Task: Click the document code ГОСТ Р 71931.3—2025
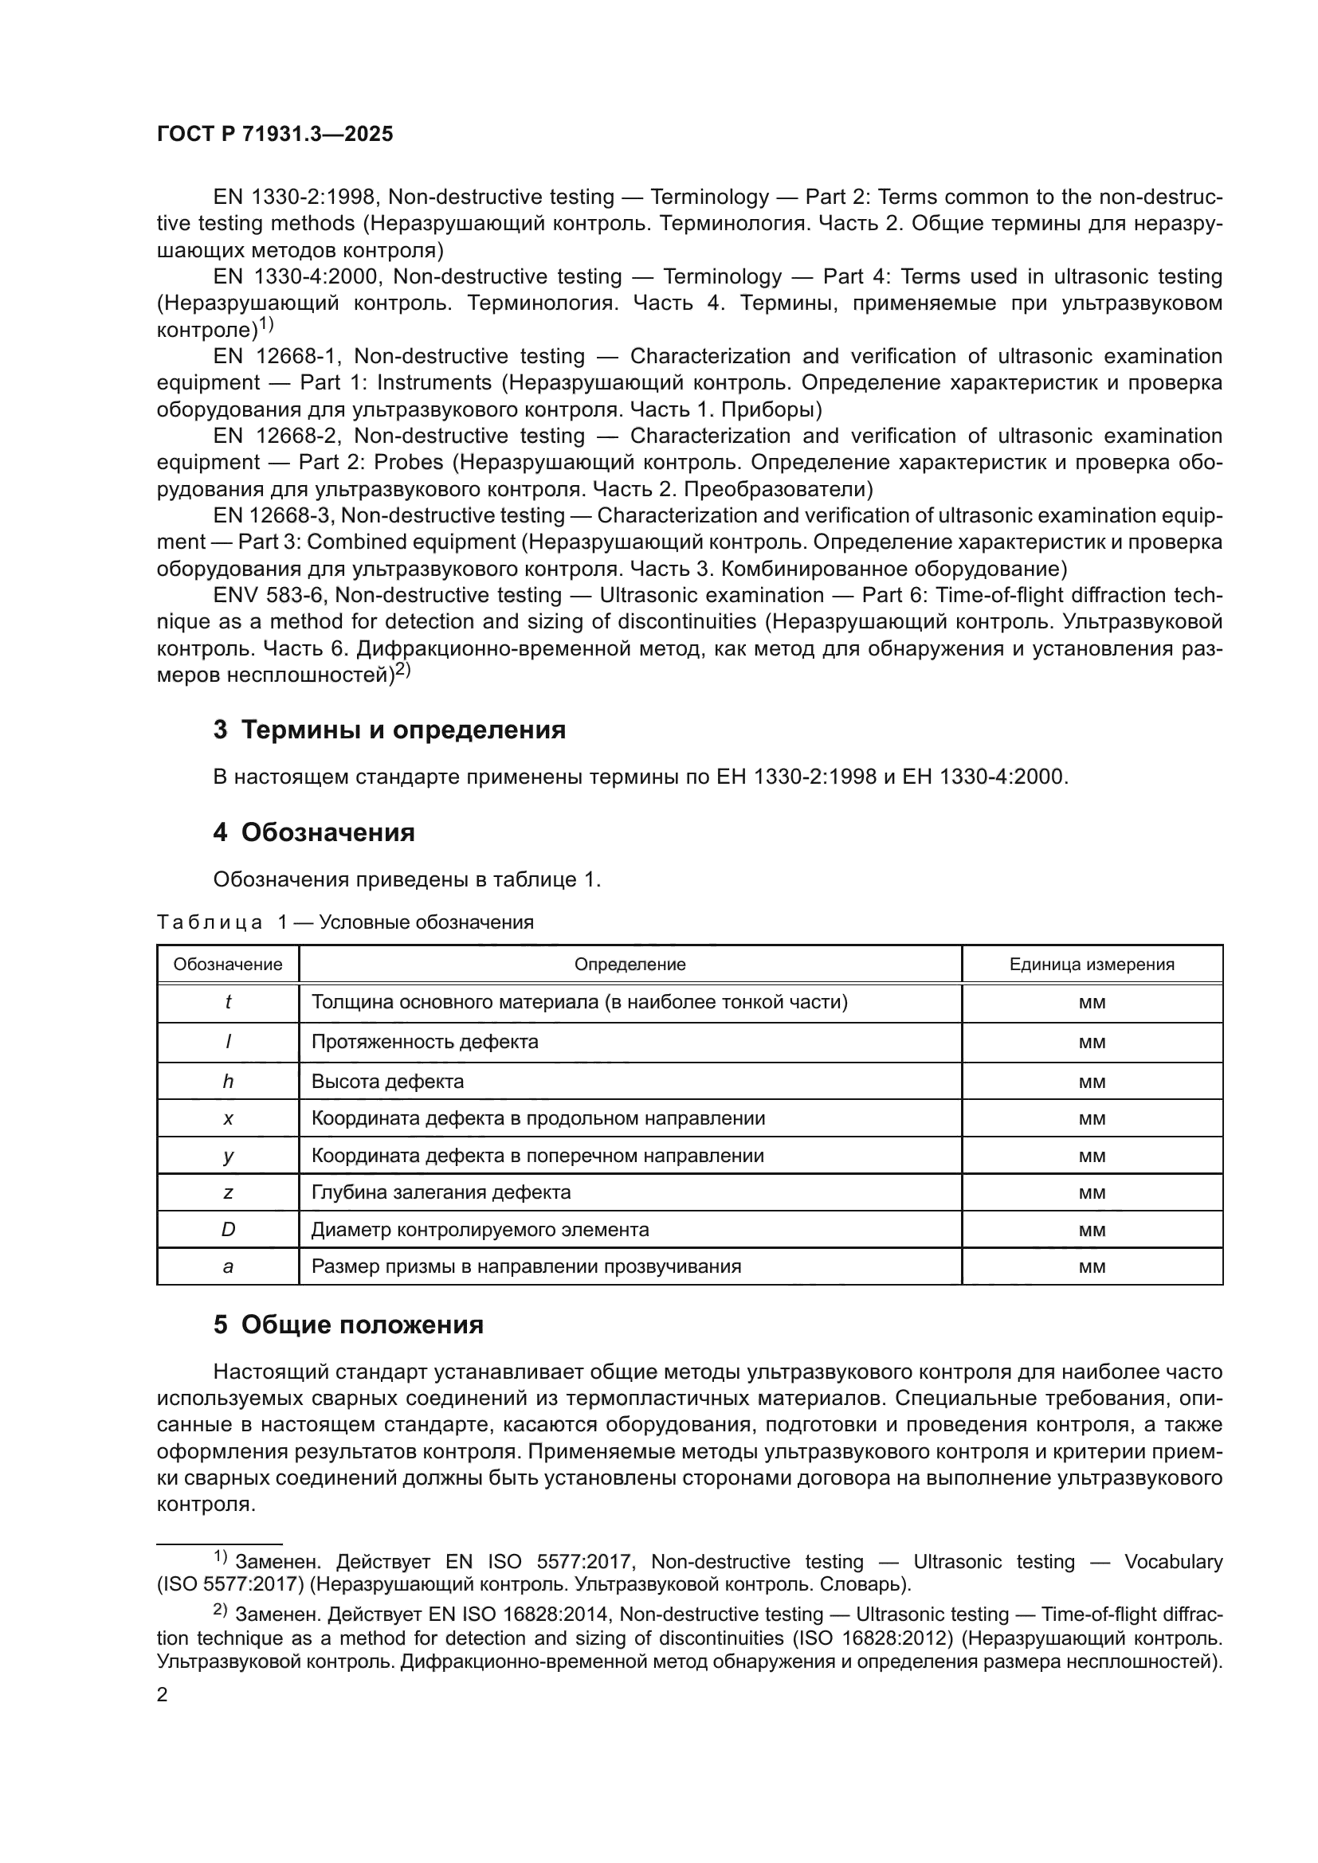[x=274, y=135]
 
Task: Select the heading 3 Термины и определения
[x=390, y=730]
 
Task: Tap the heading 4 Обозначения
[x=314, y=832]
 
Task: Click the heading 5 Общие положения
[x=348, y=1325]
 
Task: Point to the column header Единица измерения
[x=1092, y=964]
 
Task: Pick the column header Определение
[x=630, y=964]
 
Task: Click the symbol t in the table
[x=228, y=1002]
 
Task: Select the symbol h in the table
[x=228, y=1081]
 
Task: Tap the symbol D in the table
[x=228, y=1229]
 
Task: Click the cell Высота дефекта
[x=388, y=1081]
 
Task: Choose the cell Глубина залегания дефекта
[x=441, y=1192]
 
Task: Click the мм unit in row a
[x=1092, y=1266]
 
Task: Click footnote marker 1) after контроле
[x=266, y=326]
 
